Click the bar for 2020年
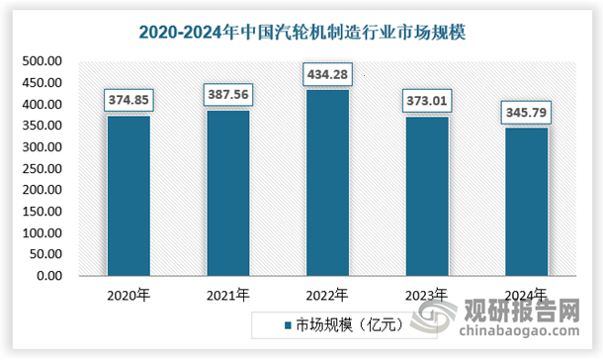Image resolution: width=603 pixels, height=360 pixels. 129,196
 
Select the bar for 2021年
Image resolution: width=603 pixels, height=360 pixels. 227,193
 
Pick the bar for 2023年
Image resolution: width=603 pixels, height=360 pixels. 426,196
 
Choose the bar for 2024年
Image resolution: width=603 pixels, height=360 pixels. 526,202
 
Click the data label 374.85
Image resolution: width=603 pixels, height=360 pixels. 129,100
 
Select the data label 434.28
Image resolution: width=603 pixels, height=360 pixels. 327,74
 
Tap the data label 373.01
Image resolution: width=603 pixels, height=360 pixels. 426,100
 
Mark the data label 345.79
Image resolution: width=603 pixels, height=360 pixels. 526,112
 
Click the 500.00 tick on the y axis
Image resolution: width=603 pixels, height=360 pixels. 43,61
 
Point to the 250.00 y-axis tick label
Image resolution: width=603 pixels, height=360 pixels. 43,169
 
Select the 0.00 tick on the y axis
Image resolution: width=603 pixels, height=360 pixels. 50,276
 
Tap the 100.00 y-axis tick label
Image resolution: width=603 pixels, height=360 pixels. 43,233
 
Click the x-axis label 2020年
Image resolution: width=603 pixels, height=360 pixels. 129,295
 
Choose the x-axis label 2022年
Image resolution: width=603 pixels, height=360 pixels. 327,295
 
